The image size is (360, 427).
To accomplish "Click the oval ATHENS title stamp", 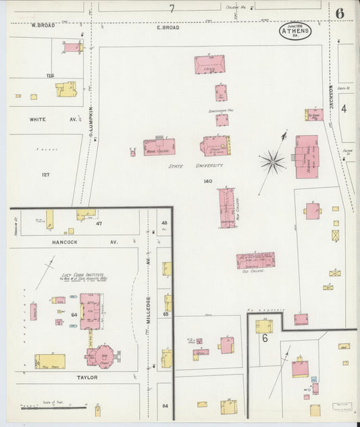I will pyautogui.click(x=295, y=30).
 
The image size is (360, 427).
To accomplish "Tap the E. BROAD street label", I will pyautogui.click(x=168, y=28).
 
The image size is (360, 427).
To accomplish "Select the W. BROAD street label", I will pyautogui.click(x=43, y=25).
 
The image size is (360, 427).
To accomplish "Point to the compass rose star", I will pyautogui.click(x=272, y=161).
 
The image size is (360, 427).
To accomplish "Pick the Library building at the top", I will pyautogui.click(x=209, y=65).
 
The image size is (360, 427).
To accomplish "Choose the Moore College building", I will pyautogui.click(x=159, y=147).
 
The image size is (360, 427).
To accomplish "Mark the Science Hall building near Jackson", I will pyautogui.click(x=306, y=156).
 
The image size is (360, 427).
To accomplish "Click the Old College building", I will pyautogui.click(x=255, y=261).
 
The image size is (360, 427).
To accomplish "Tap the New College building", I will pyautogui.click(x=227, y=207).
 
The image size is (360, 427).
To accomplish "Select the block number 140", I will pyautogui.click(x=208, y=181).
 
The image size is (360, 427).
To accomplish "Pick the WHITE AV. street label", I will pyautogui.click(x=43, y=120).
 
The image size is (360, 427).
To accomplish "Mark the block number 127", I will pyautogui.click(x=45, y=175).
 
